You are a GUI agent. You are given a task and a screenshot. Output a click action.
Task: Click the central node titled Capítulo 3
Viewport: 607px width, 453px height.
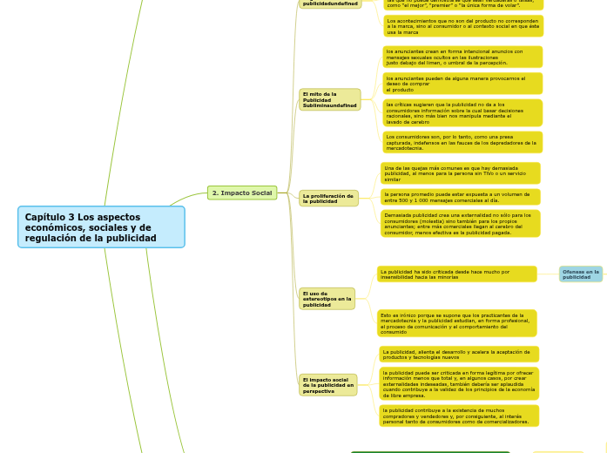[x=101, y=226]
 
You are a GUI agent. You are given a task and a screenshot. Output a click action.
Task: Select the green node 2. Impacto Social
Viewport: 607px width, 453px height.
[x=242, y=193]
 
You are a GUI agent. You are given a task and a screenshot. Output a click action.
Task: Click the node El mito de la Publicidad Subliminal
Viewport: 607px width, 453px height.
[x=330, y=99]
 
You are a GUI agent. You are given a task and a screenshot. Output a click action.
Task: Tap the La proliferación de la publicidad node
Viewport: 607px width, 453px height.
[x=328, y=199]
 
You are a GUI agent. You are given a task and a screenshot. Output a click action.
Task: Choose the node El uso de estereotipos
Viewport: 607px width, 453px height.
[x=327, y=299]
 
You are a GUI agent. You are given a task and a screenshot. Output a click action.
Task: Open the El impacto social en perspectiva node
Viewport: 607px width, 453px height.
[x=327, y=385]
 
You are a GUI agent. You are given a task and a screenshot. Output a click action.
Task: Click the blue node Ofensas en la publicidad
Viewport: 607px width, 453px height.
[x=580, y=274]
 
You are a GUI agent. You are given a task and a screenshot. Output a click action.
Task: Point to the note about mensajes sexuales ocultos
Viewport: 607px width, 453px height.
[x=462, y=57]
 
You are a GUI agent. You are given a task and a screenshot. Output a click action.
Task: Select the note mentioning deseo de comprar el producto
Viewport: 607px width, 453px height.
[x=462, y=84]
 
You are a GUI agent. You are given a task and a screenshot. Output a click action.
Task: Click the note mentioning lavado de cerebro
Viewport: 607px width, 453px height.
[x=462, y=112]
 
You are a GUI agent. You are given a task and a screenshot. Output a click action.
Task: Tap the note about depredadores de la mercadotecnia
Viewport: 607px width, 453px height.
[x=462, y=142]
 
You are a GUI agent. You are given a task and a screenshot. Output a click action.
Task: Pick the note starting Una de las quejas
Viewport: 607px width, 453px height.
[x=460, y=172]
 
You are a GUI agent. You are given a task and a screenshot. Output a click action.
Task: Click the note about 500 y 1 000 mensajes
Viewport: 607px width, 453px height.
[x=460, y=197]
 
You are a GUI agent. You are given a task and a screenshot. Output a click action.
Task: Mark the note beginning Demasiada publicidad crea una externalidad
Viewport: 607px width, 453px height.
[x=460, y=223]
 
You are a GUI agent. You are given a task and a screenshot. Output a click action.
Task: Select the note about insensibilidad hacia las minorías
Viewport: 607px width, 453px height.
[x=456, y=274]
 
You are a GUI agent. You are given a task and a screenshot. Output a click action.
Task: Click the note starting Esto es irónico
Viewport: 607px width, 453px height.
[x=456, y=323]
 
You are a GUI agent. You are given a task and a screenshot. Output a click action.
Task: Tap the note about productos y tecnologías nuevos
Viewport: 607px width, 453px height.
[x=458, y=354]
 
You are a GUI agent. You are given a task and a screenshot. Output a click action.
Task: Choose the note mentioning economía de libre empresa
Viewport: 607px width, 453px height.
[x=458, y=383]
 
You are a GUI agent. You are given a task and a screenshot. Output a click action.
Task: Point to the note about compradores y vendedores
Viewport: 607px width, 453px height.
[x=458, y=416]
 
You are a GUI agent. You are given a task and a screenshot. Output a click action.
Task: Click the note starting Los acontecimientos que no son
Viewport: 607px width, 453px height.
[x=462, y=25]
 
